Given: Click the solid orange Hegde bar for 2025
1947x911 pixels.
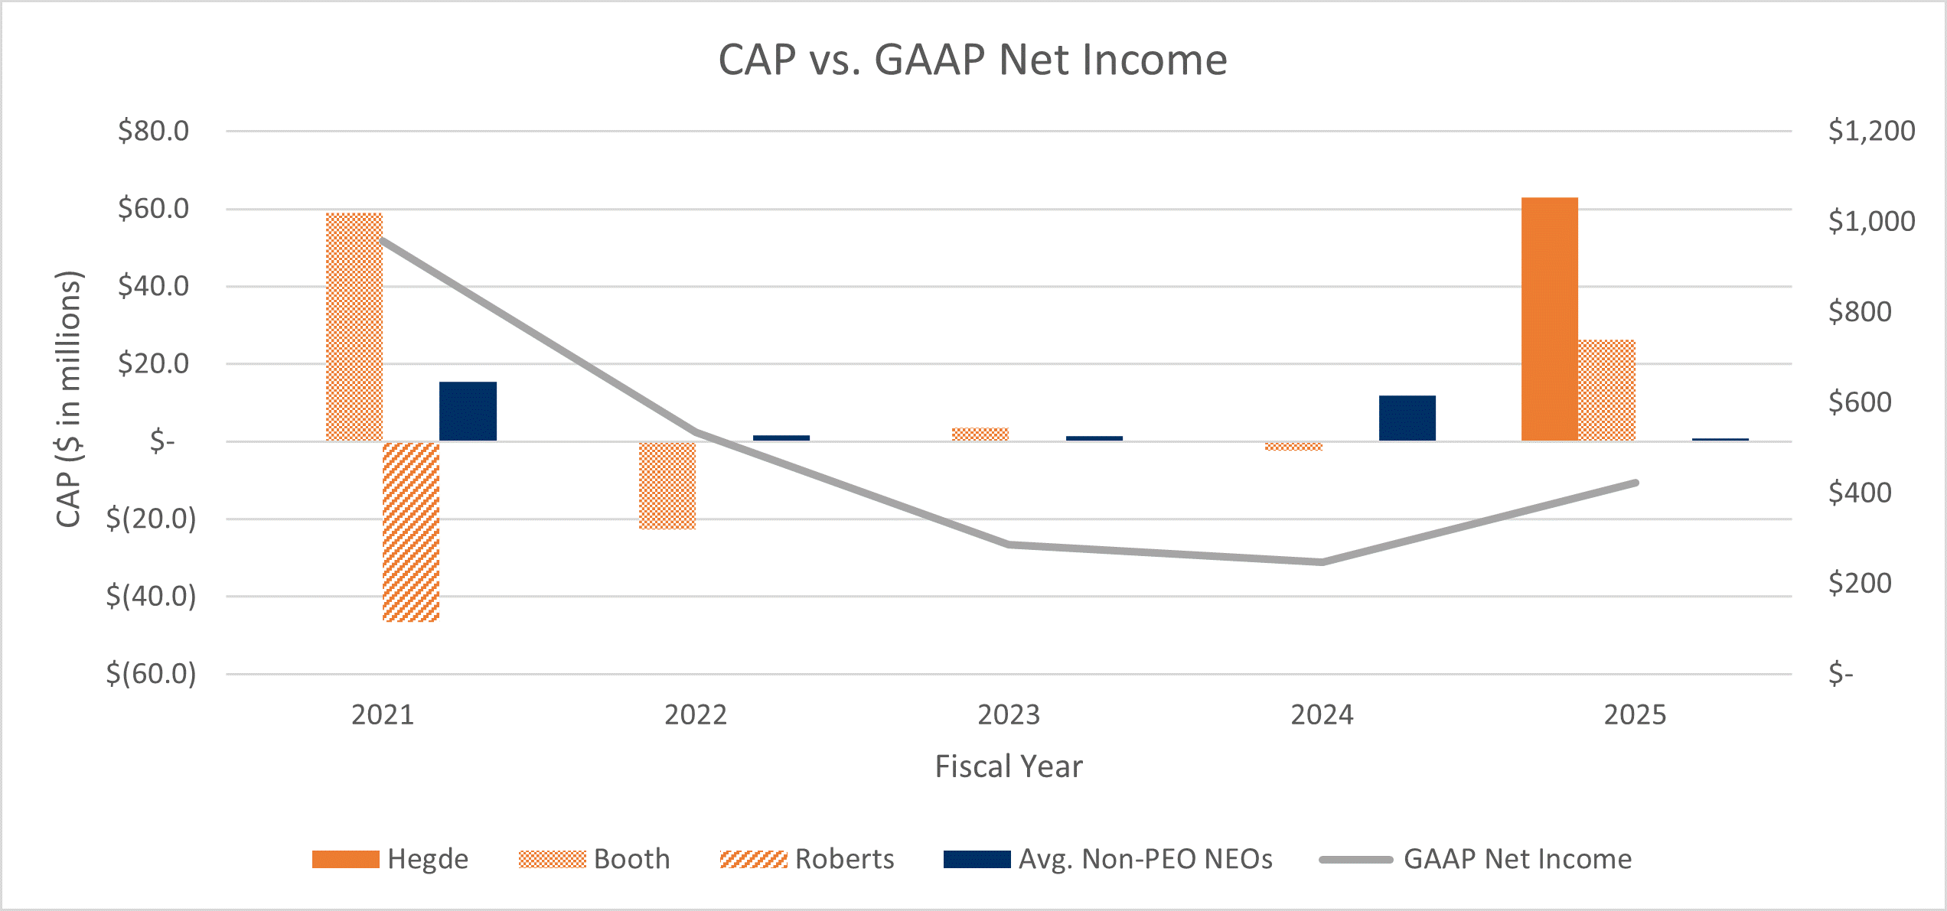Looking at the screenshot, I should tap(1549, 319).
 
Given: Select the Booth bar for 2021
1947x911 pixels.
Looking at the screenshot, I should tap(354, 327).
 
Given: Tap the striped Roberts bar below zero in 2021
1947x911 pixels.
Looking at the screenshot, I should tap(411, 532).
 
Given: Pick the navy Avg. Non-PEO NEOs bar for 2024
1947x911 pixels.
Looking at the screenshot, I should tap(1407, 418).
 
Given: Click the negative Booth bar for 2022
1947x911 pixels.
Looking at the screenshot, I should tap(667, 486).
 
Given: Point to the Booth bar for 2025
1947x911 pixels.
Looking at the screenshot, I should tap(1606, 390).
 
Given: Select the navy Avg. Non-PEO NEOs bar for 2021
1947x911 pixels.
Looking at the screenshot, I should tap(468, 411).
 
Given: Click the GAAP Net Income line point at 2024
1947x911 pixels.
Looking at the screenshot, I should tap(1322, 561).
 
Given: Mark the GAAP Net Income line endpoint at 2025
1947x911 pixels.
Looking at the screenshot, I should tap(1635, 483).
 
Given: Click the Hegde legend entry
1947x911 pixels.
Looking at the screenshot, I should tap(390, 859).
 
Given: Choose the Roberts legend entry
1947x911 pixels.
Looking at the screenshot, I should tap(807, 859).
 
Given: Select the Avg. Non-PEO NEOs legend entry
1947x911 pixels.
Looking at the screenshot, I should tap(1108, 859).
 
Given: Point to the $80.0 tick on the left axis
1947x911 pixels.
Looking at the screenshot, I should tap(153, 131).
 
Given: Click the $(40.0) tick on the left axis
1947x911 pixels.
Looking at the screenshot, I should tap(151, 596).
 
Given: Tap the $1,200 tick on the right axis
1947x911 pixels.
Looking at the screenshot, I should tap(1871, 131).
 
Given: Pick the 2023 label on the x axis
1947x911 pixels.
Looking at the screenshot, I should tap(1009, 714).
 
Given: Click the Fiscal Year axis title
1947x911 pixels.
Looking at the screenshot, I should tap(1009, 766).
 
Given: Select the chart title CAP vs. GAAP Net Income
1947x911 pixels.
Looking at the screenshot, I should tap(973, 60).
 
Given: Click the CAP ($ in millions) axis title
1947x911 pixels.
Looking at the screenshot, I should tap(69, 399).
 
